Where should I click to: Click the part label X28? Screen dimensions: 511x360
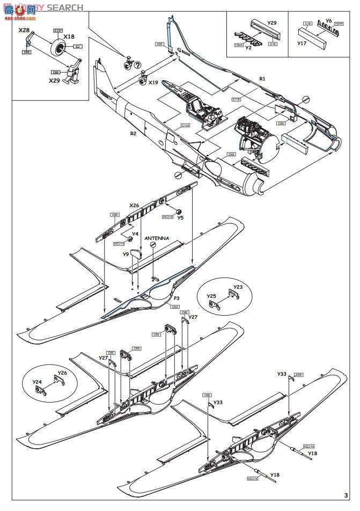(x=24, y=31)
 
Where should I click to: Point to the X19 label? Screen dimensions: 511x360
(x=153, y=83)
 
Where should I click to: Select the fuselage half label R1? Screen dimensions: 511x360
(x=262, y=78)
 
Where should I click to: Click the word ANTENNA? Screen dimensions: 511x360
(x=156, y=238)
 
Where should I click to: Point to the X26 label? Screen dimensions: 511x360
(x=134, y=205)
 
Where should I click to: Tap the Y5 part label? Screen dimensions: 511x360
(x=180, y=217)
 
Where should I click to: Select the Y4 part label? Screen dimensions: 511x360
(x=135, y=233)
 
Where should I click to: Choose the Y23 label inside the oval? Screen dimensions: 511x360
(x=238, y=287)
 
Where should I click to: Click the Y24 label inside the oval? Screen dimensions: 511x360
(x=36, y=382)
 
